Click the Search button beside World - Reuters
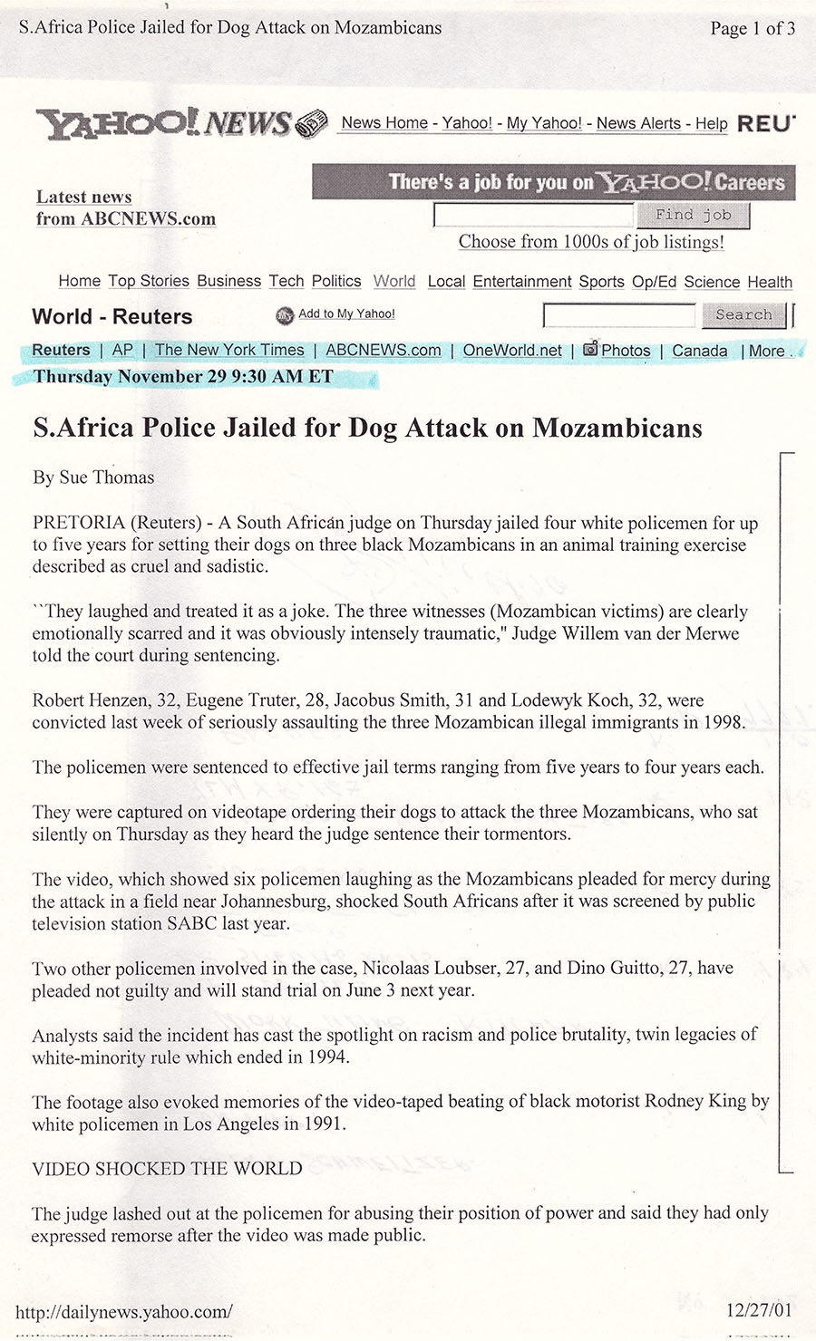(x=743, y=315)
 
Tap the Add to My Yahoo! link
(x=346, y=314)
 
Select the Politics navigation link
(x=336, y=282)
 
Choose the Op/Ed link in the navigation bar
(x=654, y=282)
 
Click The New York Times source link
(x=229, y=351)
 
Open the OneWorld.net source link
(x=512, y=351)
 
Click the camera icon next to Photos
(x=590, y=349)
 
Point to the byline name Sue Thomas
(x=106, y=478)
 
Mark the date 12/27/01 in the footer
(x=759, y=1309)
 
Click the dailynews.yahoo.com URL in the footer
(x=124, y=1311)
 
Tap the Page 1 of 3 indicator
(x=753, y=28)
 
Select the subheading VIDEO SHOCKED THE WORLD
(x=167, y=1169)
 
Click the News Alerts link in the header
(x=638, y=123)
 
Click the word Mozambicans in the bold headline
(x=617, y=428)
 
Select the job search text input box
(x=533, y=216)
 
